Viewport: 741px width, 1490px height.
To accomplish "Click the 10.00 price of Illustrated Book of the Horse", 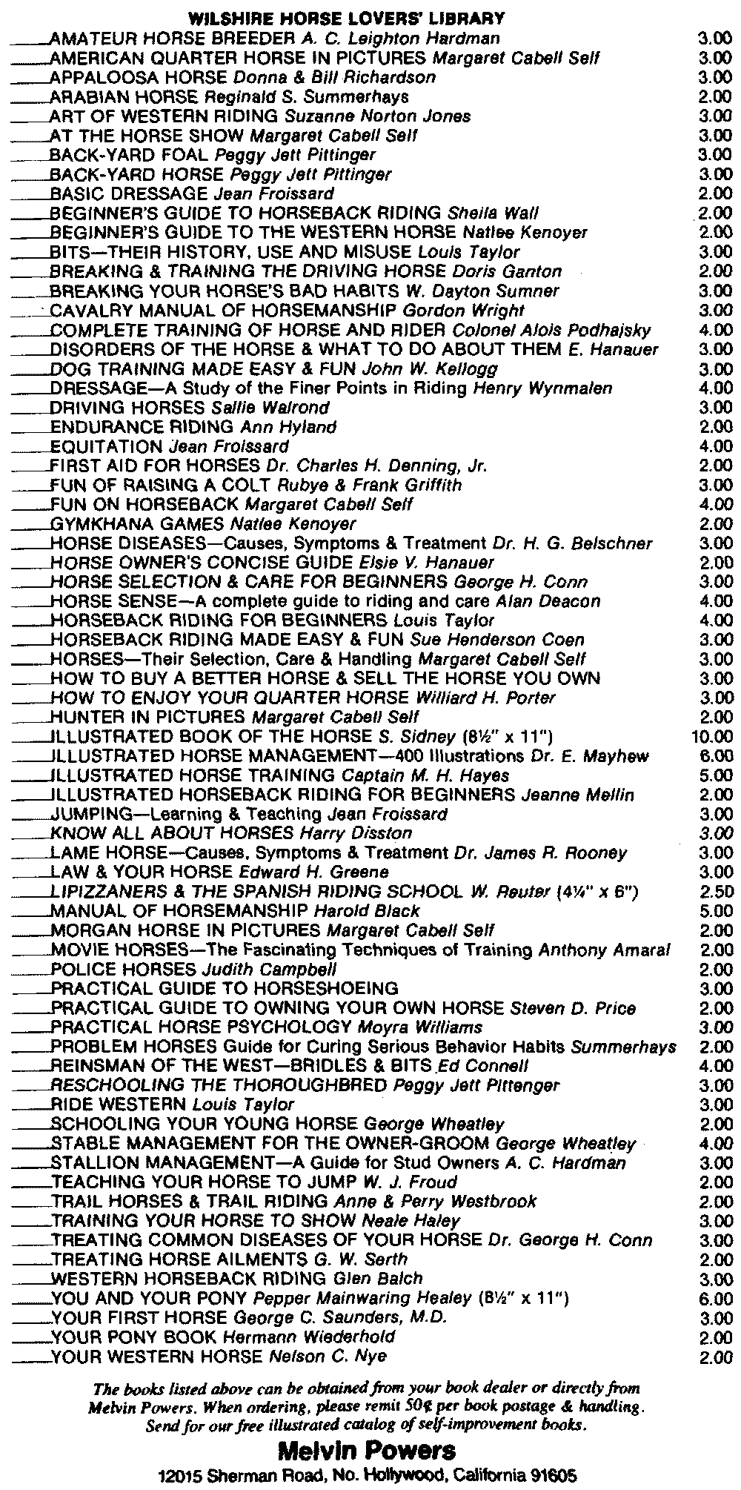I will (712, 737).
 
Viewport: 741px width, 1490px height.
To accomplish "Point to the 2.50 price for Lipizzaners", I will (717, 891).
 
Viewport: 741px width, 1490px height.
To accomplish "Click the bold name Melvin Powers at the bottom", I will (366, 1449).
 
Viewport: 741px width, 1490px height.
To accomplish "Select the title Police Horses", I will (123, 969).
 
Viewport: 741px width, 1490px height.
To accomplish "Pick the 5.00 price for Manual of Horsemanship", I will (717, 910).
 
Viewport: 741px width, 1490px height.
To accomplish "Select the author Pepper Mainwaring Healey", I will (362, 1298).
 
